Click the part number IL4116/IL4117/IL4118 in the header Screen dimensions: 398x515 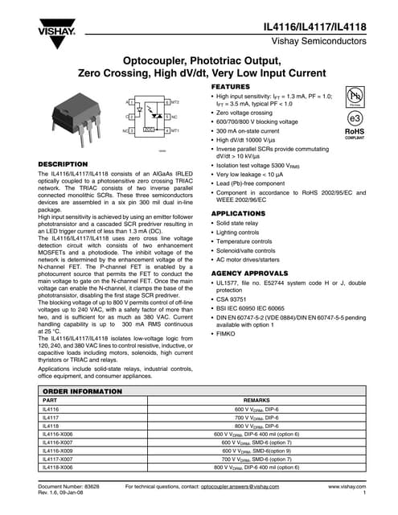(x=316, y=27)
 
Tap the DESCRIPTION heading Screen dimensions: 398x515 (x=64, y=164)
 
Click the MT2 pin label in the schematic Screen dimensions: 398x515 (x=176, y=104)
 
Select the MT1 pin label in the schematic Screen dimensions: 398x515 (x=176, y=130)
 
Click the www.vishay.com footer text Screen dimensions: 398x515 (x=347, y=488)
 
